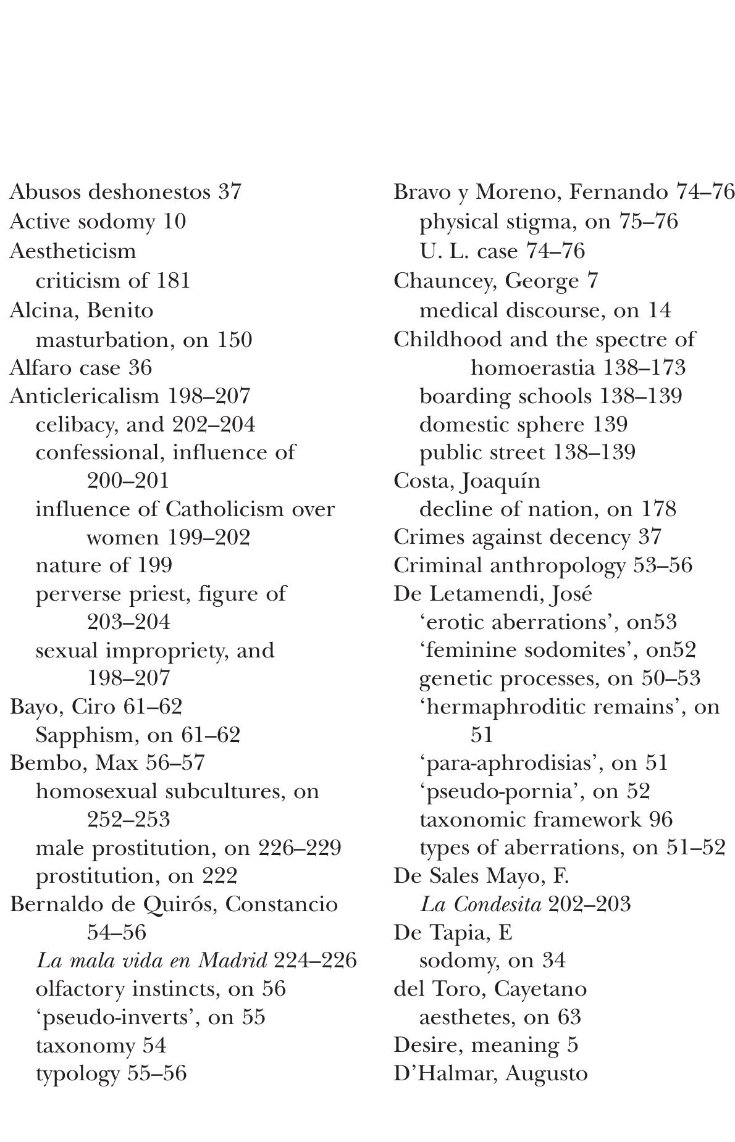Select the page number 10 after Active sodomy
[x=175, y=221]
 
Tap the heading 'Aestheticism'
[x=73, y=251]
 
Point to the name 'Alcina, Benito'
[x=82, y=309]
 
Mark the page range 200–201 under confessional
[x=128, y=480]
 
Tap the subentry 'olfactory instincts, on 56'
[x=161, y=988]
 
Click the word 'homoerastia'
[x=532, y=367]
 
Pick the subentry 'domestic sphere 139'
[x=523, y=424]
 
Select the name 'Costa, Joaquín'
[x=467, y=480]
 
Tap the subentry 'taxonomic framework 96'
[x=545, y=819]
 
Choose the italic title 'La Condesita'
[x=481, y=904]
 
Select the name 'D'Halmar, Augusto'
[x=490, y=1073]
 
